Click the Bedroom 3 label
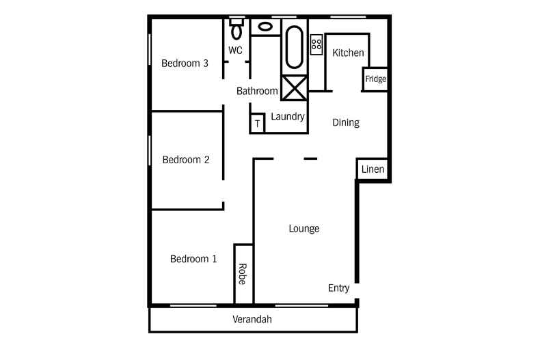click(x=185, y=64)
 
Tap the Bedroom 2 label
click(x=186, y=160)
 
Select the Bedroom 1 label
click(x=193, y=259)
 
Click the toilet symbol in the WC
click(x=237, y=29)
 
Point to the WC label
click(x=236, y=50)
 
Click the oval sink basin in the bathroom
click(x=265, y=27)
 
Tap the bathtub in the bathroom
click(x=294, y=47)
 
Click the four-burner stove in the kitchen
click(x=316, y=44)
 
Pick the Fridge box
click(x=375, y=79)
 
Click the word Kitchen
click(x=348, y=53)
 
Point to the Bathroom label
click(x=257, y=91)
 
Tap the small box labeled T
click(x=257, y=123)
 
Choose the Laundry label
click(x=288, y=117)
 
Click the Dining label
click(x=346, y=123)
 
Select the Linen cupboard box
click(x=373, y=169)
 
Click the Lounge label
click(x=304, y=229)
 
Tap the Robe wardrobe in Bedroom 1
click(x=243, y=274)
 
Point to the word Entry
click(x=339, y=288)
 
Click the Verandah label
click(x=253, y=319)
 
